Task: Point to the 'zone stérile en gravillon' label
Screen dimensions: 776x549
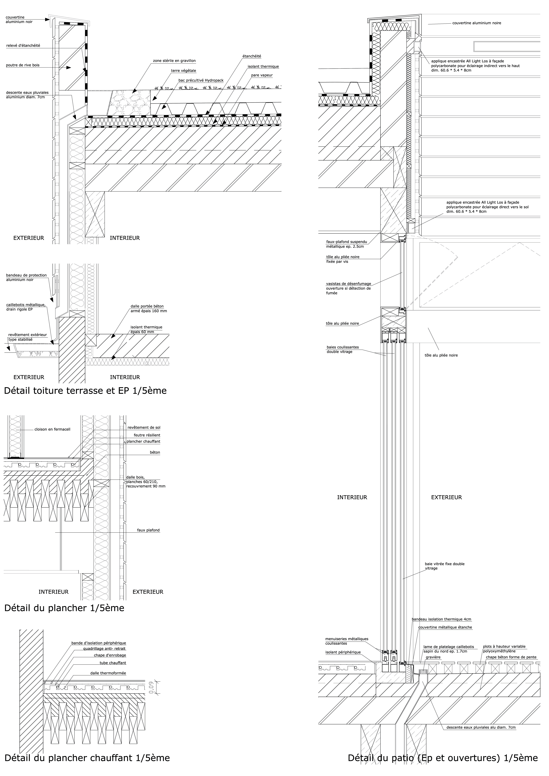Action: tap(174, 61)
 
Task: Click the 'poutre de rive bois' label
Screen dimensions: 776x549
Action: tap(23, 65)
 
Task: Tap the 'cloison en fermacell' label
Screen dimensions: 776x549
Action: tap(52, 430)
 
